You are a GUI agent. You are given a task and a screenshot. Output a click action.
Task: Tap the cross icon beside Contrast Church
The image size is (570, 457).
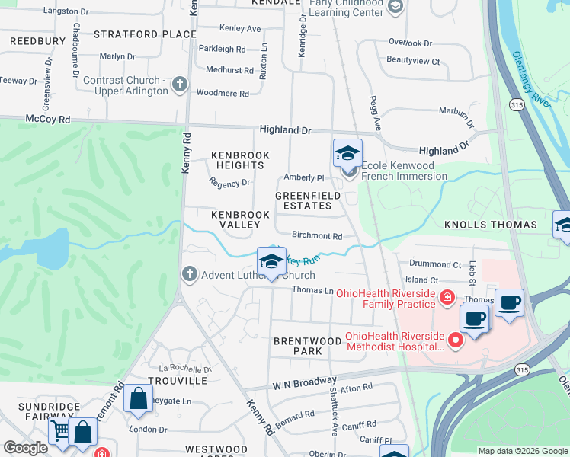click(x=180, y=84)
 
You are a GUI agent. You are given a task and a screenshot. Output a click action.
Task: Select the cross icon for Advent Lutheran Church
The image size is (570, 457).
click(x=189, y=274)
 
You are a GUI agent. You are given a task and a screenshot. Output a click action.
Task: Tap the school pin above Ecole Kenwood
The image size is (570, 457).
click(x=347, y=154)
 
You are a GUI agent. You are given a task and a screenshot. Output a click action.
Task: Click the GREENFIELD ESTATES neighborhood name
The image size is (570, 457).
click(x=308, y=201)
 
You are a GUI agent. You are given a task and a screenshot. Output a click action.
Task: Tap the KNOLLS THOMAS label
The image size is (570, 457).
click(x=492, y=225)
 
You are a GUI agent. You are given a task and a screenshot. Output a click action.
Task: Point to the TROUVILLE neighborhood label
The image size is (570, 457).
click(x=178, y=380)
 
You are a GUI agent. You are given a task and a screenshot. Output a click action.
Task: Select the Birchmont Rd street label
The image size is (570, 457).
click(x=316, y=237)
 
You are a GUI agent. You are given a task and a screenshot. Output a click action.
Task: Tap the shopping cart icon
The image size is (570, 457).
click(x=60, y=432)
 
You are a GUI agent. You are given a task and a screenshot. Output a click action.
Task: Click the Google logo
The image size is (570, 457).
click(x=25, y=448)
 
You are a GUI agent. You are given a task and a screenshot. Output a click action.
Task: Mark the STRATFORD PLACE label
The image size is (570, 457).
click(x=145, y=34)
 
